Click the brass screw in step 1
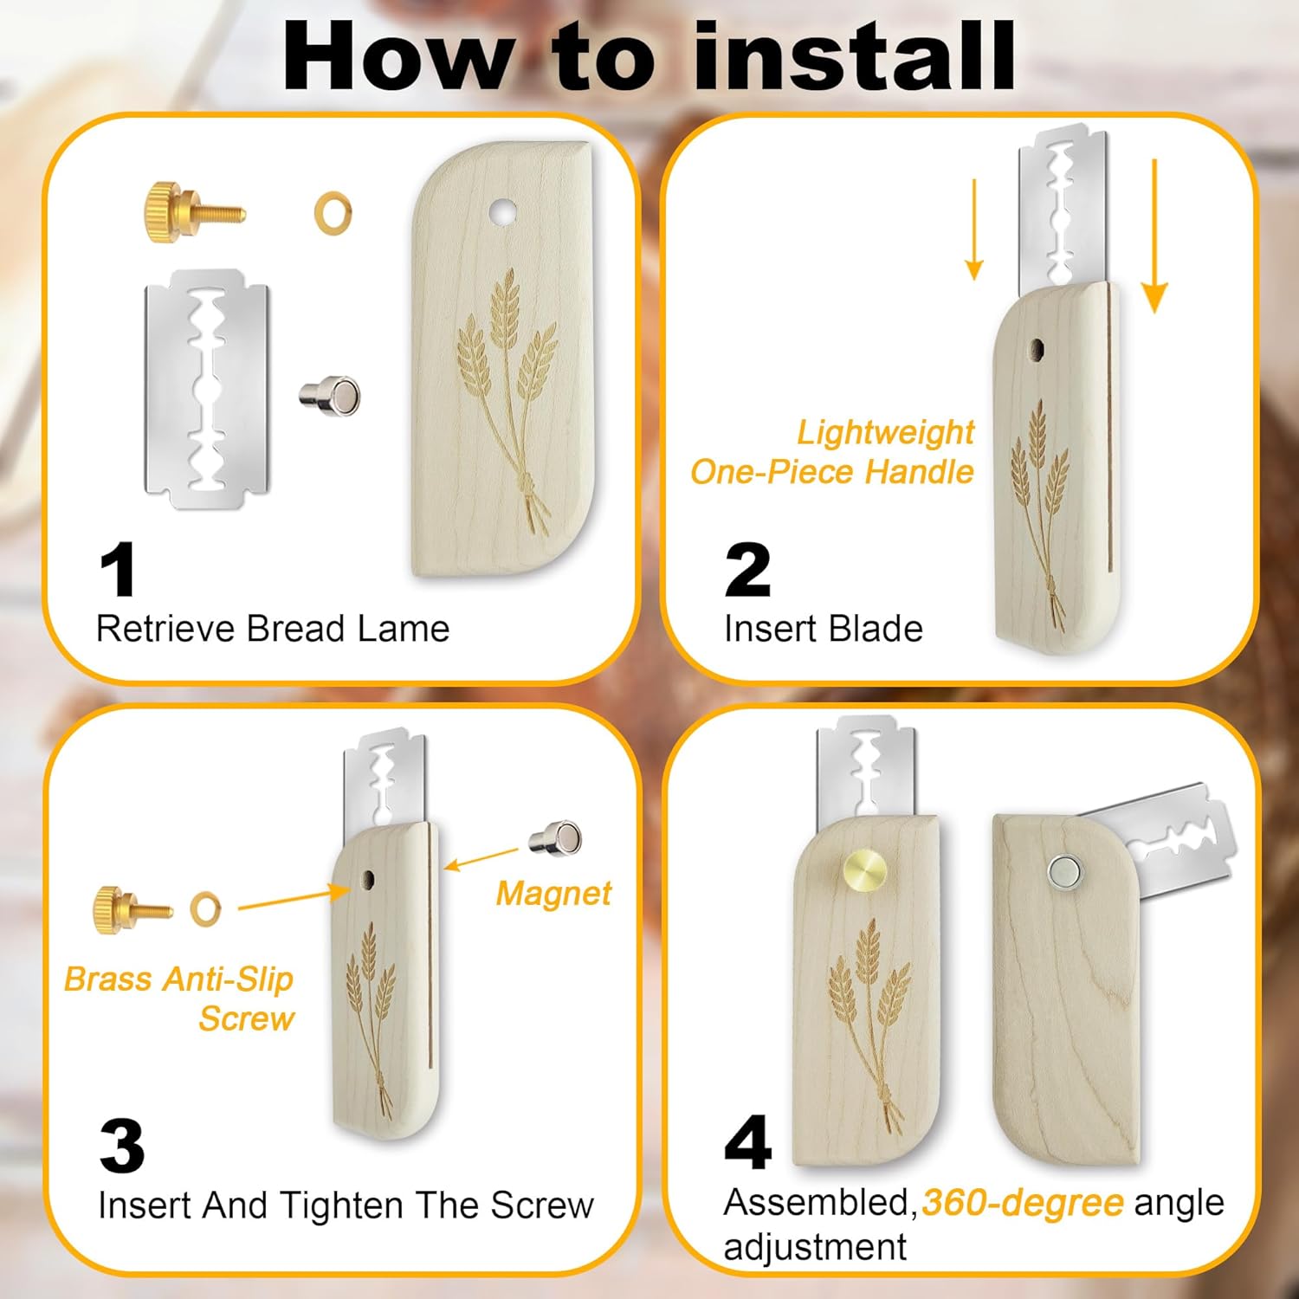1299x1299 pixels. [194, 212]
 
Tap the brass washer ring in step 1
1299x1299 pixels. [333, 213]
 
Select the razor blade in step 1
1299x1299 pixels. [207, 388]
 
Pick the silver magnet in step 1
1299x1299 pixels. [329, 396]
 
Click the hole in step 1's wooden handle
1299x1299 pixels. [501, 210]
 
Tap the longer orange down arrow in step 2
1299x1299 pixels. [1154, 235]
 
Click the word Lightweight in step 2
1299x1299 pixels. [885, 432]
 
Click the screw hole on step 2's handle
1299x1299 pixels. [1036, 351]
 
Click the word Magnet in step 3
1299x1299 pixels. [553, 894]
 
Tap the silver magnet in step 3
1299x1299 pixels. [555, 837]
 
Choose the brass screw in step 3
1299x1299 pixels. [132, 908]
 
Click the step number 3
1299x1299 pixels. [121, 1146]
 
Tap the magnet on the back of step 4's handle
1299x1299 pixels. [1063, 872]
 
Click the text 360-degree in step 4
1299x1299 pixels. [1023, 1203]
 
